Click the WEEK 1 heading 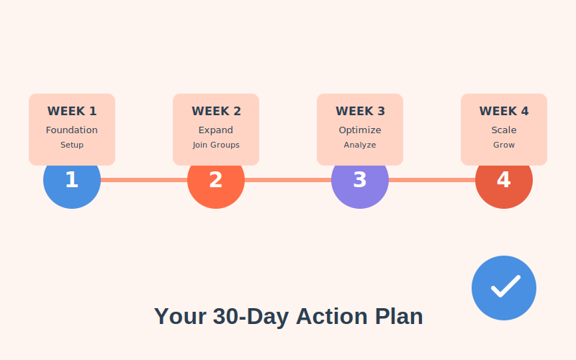(72, 112)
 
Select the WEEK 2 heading (216, 112)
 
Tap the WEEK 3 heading (360, 112)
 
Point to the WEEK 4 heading (504, 112)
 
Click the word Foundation (72, 130)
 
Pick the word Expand (216, 130)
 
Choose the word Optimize (360, 130)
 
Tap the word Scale (504, 130)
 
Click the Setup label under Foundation (72, 145)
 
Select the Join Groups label (216, 145)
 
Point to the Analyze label (360, 145)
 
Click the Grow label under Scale (504, 145)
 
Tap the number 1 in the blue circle (72, 180)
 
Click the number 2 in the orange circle (216, 180)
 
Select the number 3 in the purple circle (360, 180)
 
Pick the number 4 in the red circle (504, 180)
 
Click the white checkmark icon (505, 287)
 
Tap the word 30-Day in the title (250, 317)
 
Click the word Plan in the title (399, 317)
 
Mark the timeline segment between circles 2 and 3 (288, 180)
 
